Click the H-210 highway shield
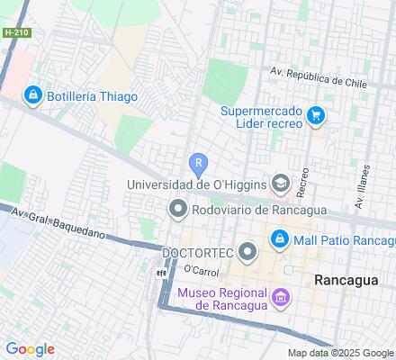[15, 31]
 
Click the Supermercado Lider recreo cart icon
[316, 115]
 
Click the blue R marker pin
[199, 164]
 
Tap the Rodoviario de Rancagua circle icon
[177, 211]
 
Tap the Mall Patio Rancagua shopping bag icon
[279, 239]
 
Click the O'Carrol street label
[202, 270]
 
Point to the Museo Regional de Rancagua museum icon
[281, 297]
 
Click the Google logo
[30, 349]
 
